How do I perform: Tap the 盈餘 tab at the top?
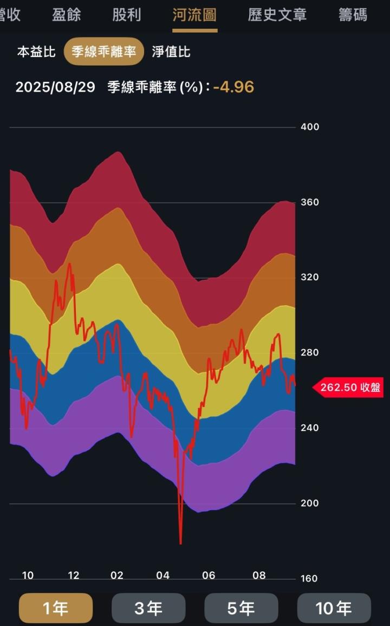(x=67, y=15)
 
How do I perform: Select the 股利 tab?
(x=127, y=15)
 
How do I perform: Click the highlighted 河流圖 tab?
(x=194, y=15)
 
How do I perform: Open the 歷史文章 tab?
(x=277, y=15)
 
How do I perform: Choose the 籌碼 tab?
(x=353, y=15)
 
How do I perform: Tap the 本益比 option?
(x=36, y=52)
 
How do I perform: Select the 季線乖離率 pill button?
(x=104, y=52)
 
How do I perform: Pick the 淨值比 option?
(x=171, y=52)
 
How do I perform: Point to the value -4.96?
(x=233, y=87)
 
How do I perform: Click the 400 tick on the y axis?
(x=310, y=127)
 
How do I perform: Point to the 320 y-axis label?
(x=310, y=277)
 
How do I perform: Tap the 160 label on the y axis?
(x=310, y=578)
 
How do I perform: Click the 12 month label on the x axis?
(x=74, y=576)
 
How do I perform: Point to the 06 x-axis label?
(x=209, y=576)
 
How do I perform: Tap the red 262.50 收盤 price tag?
(x=350, y=388)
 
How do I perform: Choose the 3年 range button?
(x=148, y=608)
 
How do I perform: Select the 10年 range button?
(x=334, y=608)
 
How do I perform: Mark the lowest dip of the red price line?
(x=180, y=543)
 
